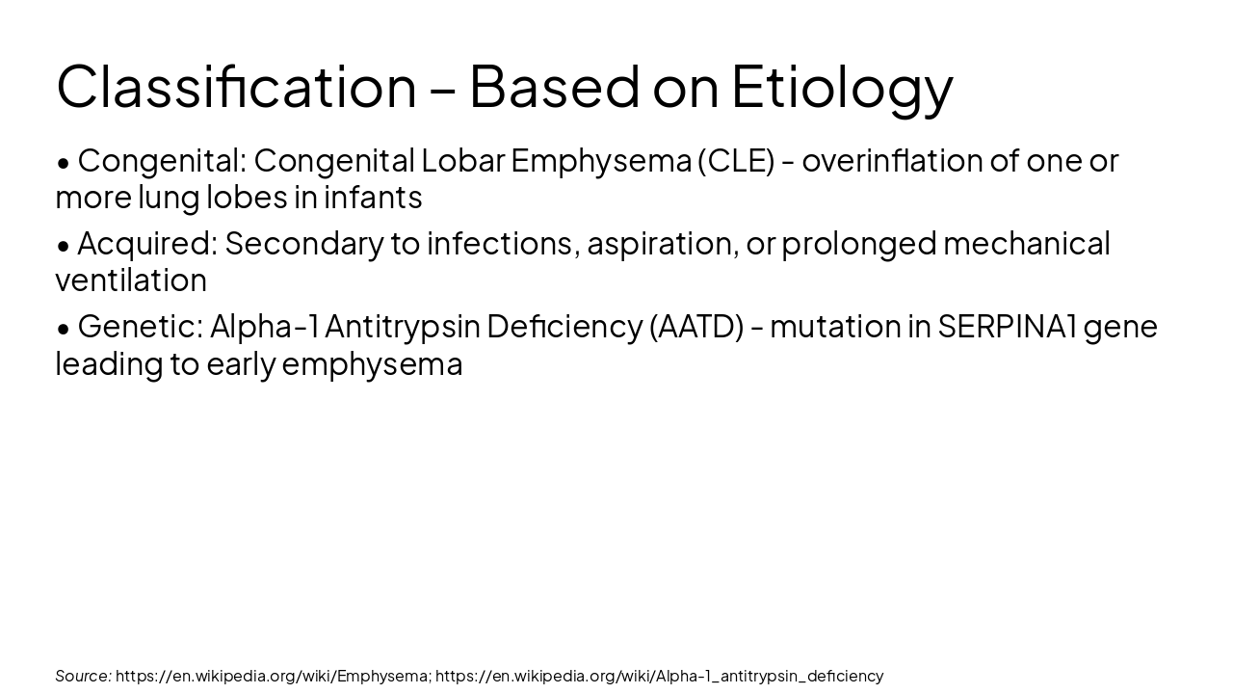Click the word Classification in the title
236,87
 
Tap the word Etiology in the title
841,87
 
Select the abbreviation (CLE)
737,160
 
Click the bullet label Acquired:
147,243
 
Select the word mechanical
1026,243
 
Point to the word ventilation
131,280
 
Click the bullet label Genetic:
141,327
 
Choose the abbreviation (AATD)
696,327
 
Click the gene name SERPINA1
1006,327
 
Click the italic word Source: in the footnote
83,676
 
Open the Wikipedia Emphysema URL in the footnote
273,676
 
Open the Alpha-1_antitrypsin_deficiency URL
659,676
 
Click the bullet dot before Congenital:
64,163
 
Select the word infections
502,243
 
